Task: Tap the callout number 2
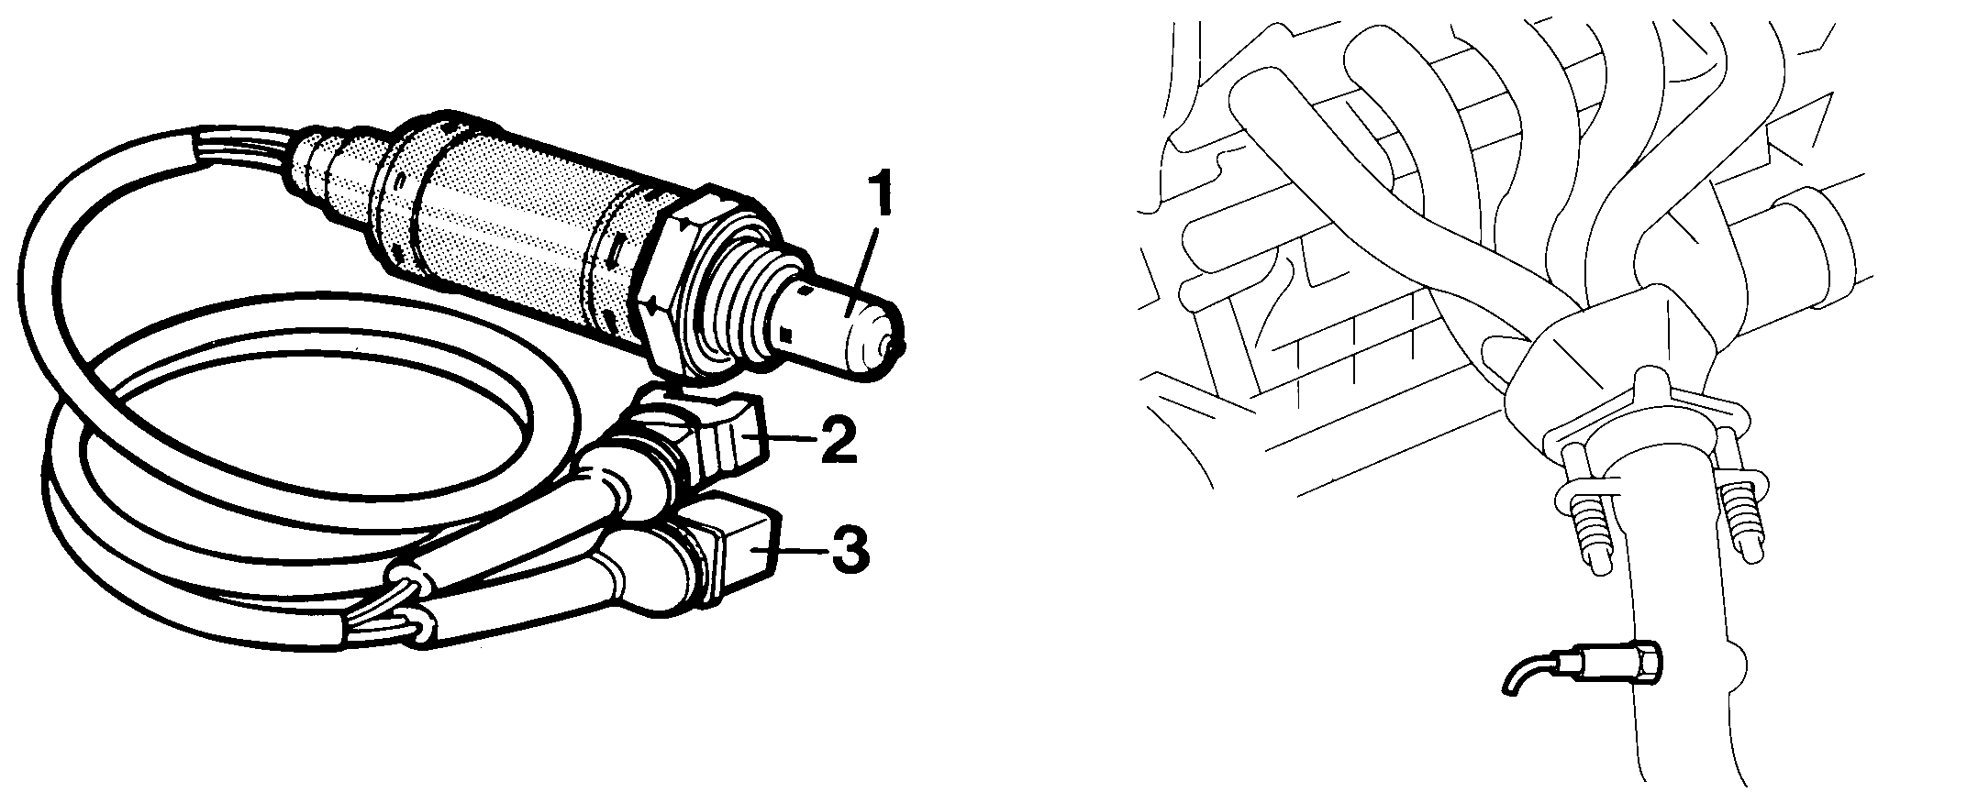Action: tap(837, 440)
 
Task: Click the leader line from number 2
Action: tap(788, 440)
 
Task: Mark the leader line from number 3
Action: tap(803, 550)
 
